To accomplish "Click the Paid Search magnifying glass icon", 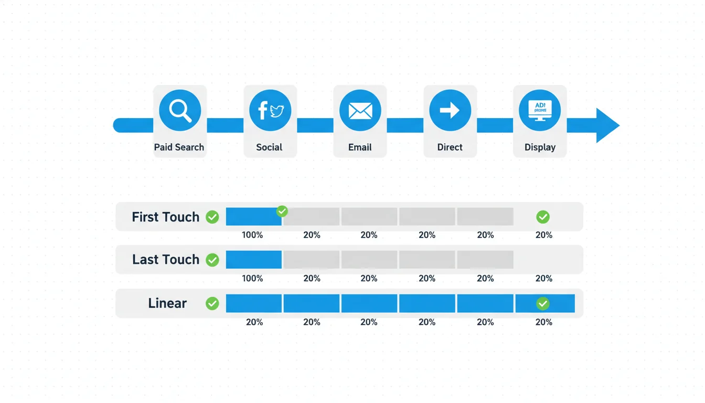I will tap(179, 110).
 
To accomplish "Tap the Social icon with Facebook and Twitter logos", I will tap(270, 110).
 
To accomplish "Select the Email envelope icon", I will tap(360, 110).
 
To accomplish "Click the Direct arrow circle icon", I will tap(450, 110).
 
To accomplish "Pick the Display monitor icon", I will tap(540, 110).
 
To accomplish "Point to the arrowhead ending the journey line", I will tap(607, 125).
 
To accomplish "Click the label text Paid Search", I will tap(179, 147).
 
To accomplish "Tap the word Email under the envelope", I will tap(360, 147).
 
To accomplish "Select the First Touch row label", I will tap(165, 217).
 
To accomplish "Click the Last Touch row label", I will tap(165, 259).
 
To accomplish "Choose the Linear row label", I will tap(167, 303).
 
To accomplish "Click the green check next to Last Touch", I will tap(212, 260).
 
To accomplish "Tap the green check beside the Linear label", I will tap(212, 303).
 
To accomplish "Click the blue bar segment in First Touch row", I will tap(253, 217).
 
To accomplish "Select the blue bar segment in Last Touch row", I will tap(253, 259).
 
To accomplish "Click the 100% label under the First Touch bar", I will tap(252, 235).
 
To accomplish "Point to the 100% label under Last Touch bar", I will tap(252, 279).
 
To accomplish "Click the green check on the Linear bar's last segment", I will tap(543, 303).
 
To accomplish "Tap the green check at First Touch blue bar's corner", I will tap(282, 211).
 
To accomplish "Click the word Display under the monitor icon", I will tap(540, 147).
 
